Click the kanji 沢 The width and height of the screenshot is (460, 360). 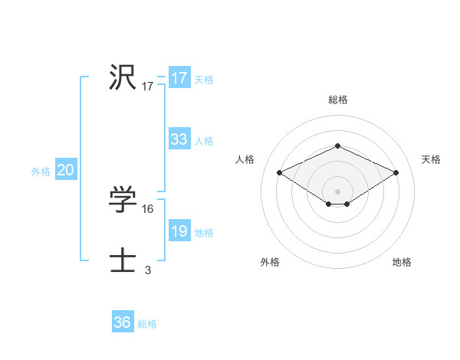[x=123, y=78]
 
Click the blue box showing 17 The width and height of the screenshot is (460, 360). [x=179, y=78]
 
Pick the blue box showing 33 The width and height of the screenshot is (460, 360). [x=179, y=139]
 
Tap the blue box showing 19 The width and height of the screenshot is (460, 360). [x=179, y=231]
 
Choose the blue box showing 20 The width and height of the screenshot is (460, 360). [x=65, y=170]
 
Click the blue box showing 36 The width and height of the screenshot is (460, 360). [x=122, y=322]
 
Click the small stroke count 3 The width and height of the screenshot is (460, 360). [x=148, y=270]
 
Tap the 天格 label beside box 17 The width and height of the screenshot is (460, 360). [x=204, y=79]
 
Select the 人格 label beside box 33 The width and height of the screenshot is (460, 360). [x=204, y=140]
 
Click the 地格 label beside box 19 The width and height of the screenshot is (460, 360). [x=204, y=232]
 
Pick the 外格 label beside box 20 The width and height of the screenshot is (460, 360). [x=41, y=172]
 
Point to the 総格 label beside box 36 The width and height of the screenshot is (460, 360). [x=147, y=324]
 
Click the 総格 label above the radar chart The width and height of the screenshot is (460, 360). [x=337, y=100]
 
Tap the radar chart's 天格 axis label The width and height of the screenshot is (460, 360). [x=431, y=159]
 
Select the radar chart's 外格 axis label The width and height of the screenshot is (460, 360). [x=270, y=262]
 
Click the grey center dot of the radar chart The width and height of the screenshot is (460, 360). [x=337, y=191]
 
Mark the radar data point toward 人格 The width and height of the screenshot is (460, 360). [x=280, y=173]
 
